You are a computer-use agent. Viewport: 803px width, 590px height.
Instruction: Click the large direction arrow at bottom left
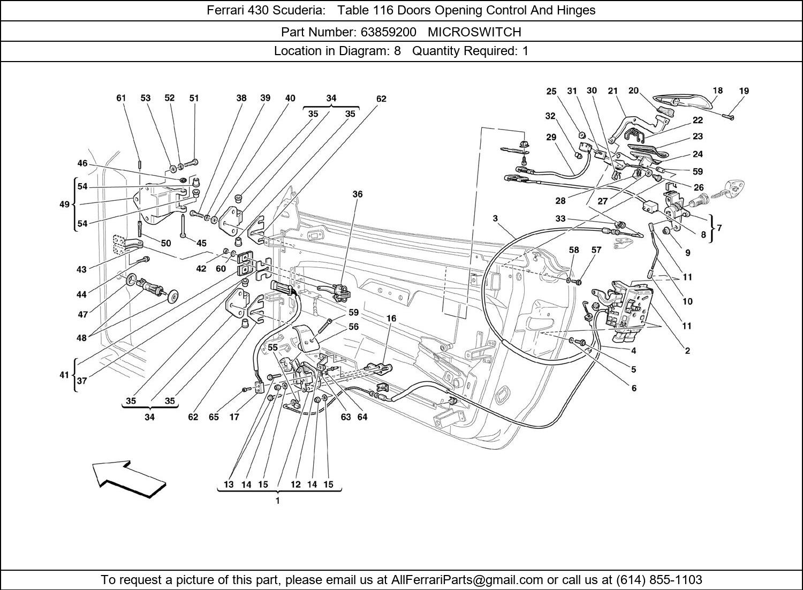coord(128,478)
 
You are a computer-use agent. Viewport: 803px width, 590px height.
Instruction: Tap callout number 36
coord(357,194)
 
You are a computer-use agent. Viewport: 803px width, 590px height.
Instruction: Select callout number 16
coord(391,318)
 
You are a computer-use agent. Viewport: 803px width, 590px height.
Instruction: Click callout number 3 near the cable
coord(495,218)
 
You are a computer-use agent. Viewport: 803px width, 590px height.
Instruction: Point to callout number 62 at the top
coord(381,99)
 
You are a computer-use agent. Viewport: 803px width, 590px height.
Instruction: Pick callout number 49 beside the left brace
coord(64,205)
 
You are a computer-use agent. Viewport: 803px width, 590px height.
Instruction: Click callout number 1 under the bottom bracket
coord(277,501)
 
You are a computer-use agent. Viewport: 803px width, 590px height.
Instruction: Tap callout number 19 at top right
coord(744,91)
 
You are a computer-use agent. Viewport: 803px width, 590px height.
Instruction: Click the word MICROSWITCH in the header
coord(474,32)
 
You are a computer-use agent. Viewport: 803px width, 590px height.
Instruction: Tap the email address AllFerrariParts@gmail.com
coord(467,580)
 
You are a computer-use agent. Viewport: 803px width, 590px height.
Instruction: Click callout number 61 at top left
coord(121,98)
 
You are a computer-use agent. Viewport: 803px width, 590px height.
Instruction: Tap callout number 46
coord(82,163)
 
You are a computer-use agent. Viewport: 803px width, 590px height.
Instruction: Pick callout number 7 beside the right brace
coord(719,228)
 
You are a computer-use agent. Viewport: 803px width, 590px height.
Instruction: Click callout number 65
coord(214,417)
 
